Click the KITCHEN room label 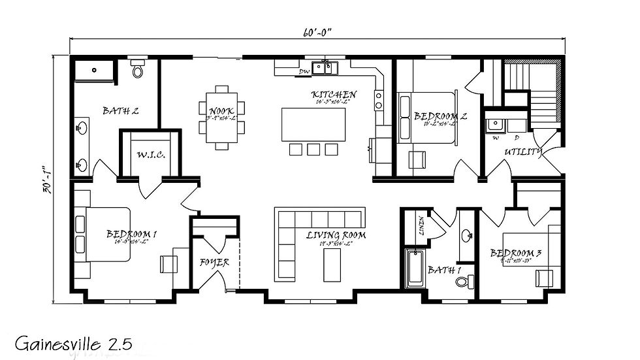(x=333, y=95)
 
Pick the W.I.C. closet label (x=150, y=155)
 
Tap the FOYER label (x=214, y=263)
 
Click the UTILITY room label (x=522, y=152)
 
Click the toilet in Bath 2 (x=138, y=69)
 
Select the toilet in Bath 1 (x=464, y=282)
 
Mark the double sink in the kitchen (x=324, y=66)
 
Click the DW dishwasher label (x=304, y=72)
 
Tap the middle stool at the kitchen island (x=313, y=149)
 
